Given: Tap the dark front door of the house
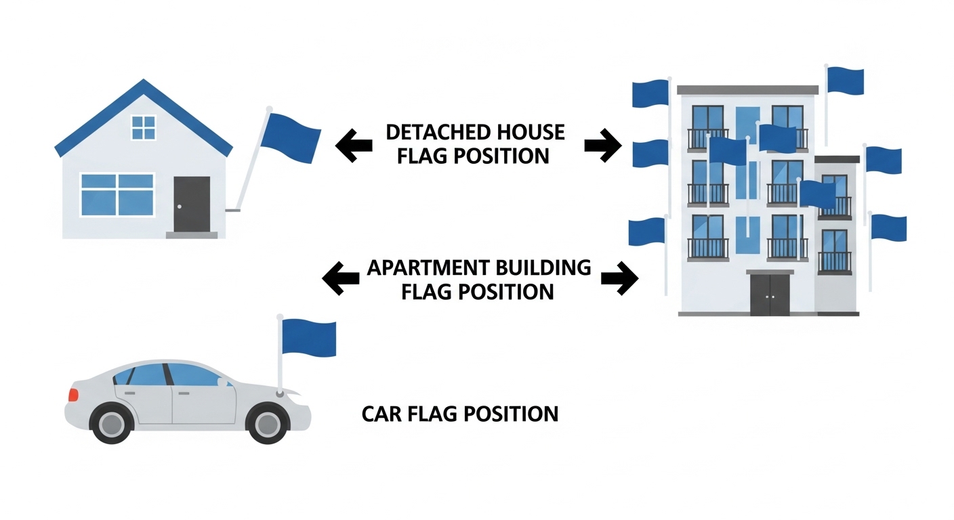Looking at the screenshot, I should coord(192,204).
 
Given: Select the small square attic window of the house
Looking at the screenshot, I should coord(144,127).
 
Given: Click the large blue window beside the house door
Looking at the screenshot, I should coord(117,194).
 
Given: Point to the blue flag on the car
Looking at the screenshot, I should coord(308,338).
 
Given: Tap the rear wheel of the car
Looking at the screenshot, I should coord(110,423).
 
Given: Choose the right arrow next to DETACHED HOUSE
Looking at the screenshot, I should coord(602,145).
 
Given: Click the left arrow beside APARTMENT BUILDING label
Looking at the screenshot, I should coord(341,278).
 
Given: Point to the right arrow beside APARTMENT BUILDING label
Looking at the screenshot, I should coord(619,278).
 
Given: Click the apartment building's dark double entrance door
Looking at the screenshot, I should coord(770,294).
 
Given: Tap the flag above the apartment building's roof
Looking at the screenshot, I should coord(845,81).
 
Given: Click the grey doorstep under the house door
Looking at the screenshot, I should coord(192,235).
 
